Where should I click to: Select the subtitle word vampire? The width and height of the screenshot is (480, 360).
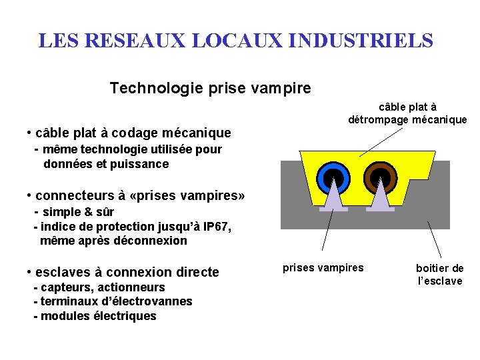click(283, 88)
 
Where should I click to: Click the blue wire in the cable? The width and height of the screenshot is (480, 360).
click(333, 177)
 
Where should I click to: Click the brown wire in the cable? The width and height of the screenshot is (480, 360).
click(379, 177)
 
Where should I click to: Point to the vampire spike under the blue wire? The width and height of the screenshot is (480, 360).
click(333, 199)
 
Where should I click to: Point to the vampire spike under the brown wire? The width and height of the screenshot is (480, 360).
click(379, 199)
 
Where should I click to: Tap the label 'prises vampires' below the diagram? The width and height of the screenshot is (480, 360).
click(323, 268)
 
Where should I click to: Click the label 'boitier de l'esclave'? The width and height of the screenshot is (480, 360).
click(439, 275)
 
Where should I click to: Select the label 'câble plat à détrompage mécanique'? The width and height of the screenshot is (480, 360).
click(407, 113)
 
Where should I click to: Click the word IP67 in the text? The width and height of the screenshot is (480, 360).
click(213, 227)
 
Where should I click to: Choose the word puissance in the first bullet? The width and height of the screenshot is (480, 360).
click(140, 164)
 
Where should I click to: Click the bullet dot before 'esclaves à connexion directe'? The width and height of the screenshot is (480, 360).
click(29, 272)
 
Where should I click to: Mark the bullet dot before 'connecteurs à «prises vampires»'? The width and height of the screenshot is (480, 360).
click(29, 196)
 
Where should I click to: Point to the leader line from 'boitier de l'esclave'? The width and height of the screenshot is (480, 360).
click(434, 237)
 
